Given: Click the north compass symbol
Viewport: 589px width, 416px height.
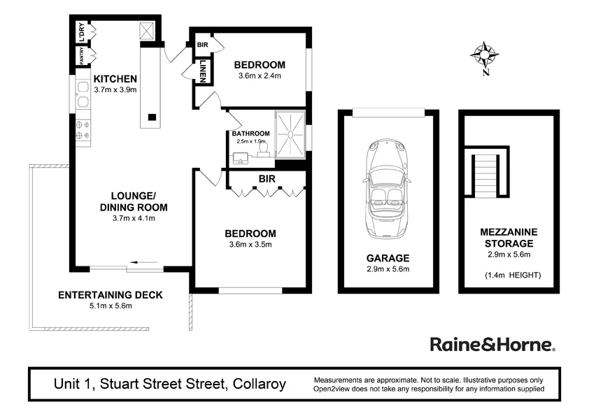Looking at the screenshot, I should click(x=484, y=55).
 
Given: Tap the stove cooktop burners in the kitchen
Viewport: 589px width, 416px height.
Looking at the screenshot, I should click(x=82, y=129).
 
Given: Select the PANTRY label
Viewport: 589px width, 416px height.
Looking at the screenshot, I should click(x=82, y=55).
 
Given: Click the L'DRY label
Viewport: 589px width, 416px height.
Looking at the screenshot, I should click(x=82, y=33).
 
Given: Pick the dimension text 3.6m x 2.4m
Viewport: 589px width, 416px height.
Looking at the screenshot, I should click(x=260, y=75).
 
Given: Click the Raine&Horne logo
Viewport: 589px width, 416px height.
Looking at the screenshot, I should click(x=492, y=345).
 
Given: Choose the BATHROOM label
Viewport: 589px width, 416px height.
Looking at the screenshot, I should click(x=251, y=134).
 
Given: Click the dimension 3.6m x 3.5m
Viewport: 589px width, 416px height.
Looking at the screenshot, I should click(x=250, y=244).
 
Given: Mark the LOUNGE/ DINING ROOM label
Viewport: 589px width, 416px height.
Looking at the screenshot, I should click(x=133, y=201).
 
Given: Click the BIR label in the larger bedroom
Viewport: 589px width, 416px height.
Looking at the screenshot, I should click(x=267, y=179).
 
